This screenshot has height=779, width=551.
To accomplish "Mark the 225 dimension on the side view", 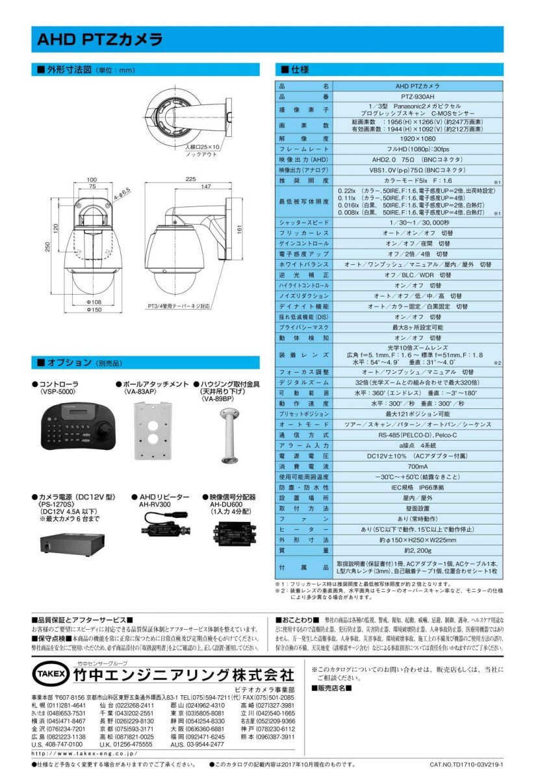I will click(x=190, y=179).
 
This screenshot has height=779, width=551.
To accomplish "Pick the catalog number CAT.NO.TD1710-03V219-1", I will click(x=467, y=765).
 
